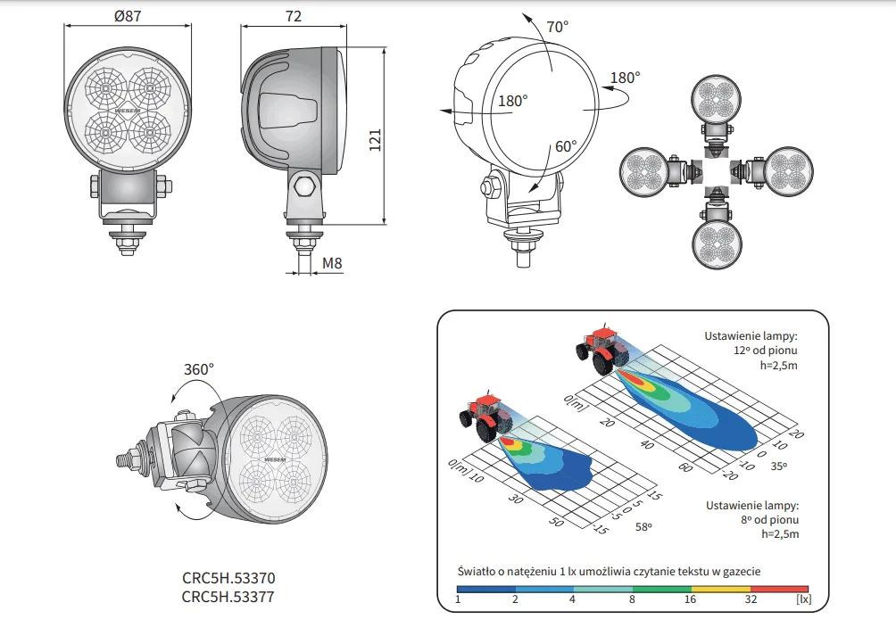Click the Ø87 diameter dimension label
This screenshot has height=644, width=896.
point(128,16)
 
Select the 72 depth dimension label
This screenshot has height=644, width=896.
point(294,16)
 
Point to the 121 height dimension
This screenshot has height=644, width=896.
point(375,139)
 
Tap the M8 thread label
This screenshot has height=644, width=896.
point(332,263)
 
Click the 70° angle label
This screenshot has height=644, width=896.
point(557,27)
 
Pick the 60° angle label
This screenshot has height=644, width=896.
point(566,145)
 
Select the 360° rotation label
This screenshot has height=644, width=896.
point(199,368)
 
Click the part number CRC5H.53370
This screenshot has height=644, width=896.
point(228,578)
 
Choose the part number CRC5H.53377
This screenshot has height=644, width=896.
point(228,596)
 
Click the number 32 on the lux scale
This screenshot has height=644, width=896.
point(751,599)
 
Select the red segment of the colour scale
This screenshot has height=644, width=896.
point(780,589)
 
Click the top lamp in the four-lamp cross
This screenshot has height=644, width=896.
point(718,100)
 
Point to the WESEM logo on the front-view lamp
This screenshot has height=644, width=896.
point(128,113)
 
